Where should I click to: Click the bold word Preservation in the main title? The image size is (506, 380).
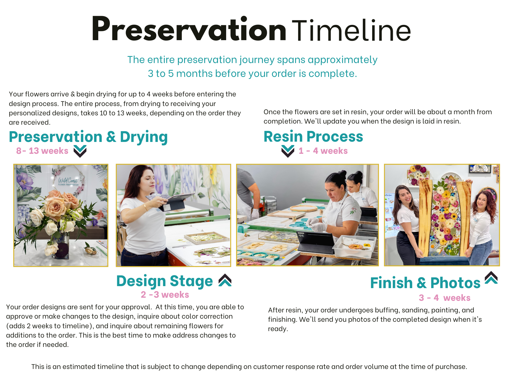[189, 29]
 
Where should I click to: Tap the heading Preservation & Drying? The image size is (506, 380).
[88, 137]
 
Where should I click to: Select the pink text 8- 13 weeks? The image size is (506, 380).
[42, 151]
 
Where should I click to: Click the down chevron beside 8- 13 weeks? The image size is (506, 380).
[80, 151]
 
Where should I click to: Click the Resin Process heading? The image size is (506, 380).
[313, 137]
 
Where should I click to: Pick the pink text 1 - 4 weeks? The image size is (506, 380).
[323, 151]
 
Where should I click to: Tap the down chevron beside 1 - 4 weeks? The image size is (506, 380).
[288, 151]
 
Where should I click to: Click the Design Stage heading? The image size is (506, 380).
[164, 281]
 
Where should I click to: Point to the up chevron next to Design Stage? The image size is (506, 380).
[225, 280]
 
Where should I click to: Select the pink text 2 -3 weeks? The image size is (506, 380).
[165, 295]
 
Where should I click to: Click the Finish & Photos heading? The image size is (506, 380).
[425, 283]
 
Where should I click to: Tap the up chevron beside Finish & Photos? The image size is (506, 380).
[491, 278]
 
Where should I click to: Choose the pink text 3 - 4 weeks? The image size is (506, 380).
[444, 298]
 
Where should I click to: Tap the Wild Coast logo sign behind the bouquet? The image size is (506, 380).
[68, 180]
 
